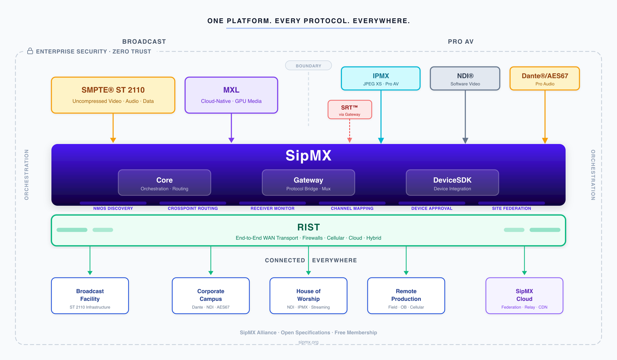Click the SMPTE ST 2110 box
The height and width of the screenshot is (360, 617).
pyautogui.click(x=113, y=95)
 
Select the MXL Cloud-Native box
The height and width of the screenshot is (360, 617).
pyautogui.click(x=231, y=95)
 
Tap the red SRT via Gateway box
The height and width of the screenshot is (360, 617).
pyautogui.click(x=350, y=110)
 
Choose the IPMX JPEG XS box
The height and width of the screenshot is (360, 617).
pyautogui.click(x=380, y=79)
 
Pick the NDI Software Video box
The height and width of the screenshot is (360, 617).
pyautogui.click(x=465, y=79)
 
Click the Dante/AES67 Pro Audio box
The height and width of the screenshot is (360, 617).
pyautogui.click(x=545, y=79)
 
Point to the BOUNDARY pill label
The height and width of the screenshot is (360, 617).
pyautogui.click(x=308, y=66)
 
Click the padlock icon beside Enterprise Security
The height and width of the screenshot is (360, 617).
pyautogui.click(x=30, y=51)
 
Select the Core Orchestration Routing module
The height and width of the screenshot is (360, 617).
pyautogui.click(x=164, y=183)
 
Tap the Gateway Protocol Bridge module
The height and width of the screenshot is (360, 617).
pyautogui.click(x=308, y=183)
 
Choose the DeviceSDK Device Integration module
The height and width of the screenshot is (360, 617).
pyautogui.click(x=452, y=183)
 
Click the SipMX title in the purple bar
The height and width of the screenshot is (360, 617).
pyautogui.click(x=308, y=156)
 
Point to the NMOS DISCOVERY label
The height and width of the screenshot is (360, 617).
pyautogui.click(x=113, y=208)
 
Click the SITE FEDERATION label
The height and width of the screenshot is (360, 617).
pyautogui.click(x=511, y=208)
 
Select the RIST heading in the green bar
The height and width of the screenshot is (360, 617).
pyautogui.click(x=308, y=227)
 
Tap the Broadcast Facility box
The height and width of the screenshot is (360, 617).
pyautogui.click(x=90, y=296)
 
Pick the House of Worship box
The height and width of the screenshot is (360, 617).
pyautogui.click(x=308, y=296)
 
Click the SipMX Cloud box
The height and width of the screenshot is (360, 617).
pyautogui.click(x=524, y=296)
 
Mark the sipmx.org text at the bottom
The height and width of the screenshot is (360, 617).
pyautogui.click(x=308, y=342)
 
